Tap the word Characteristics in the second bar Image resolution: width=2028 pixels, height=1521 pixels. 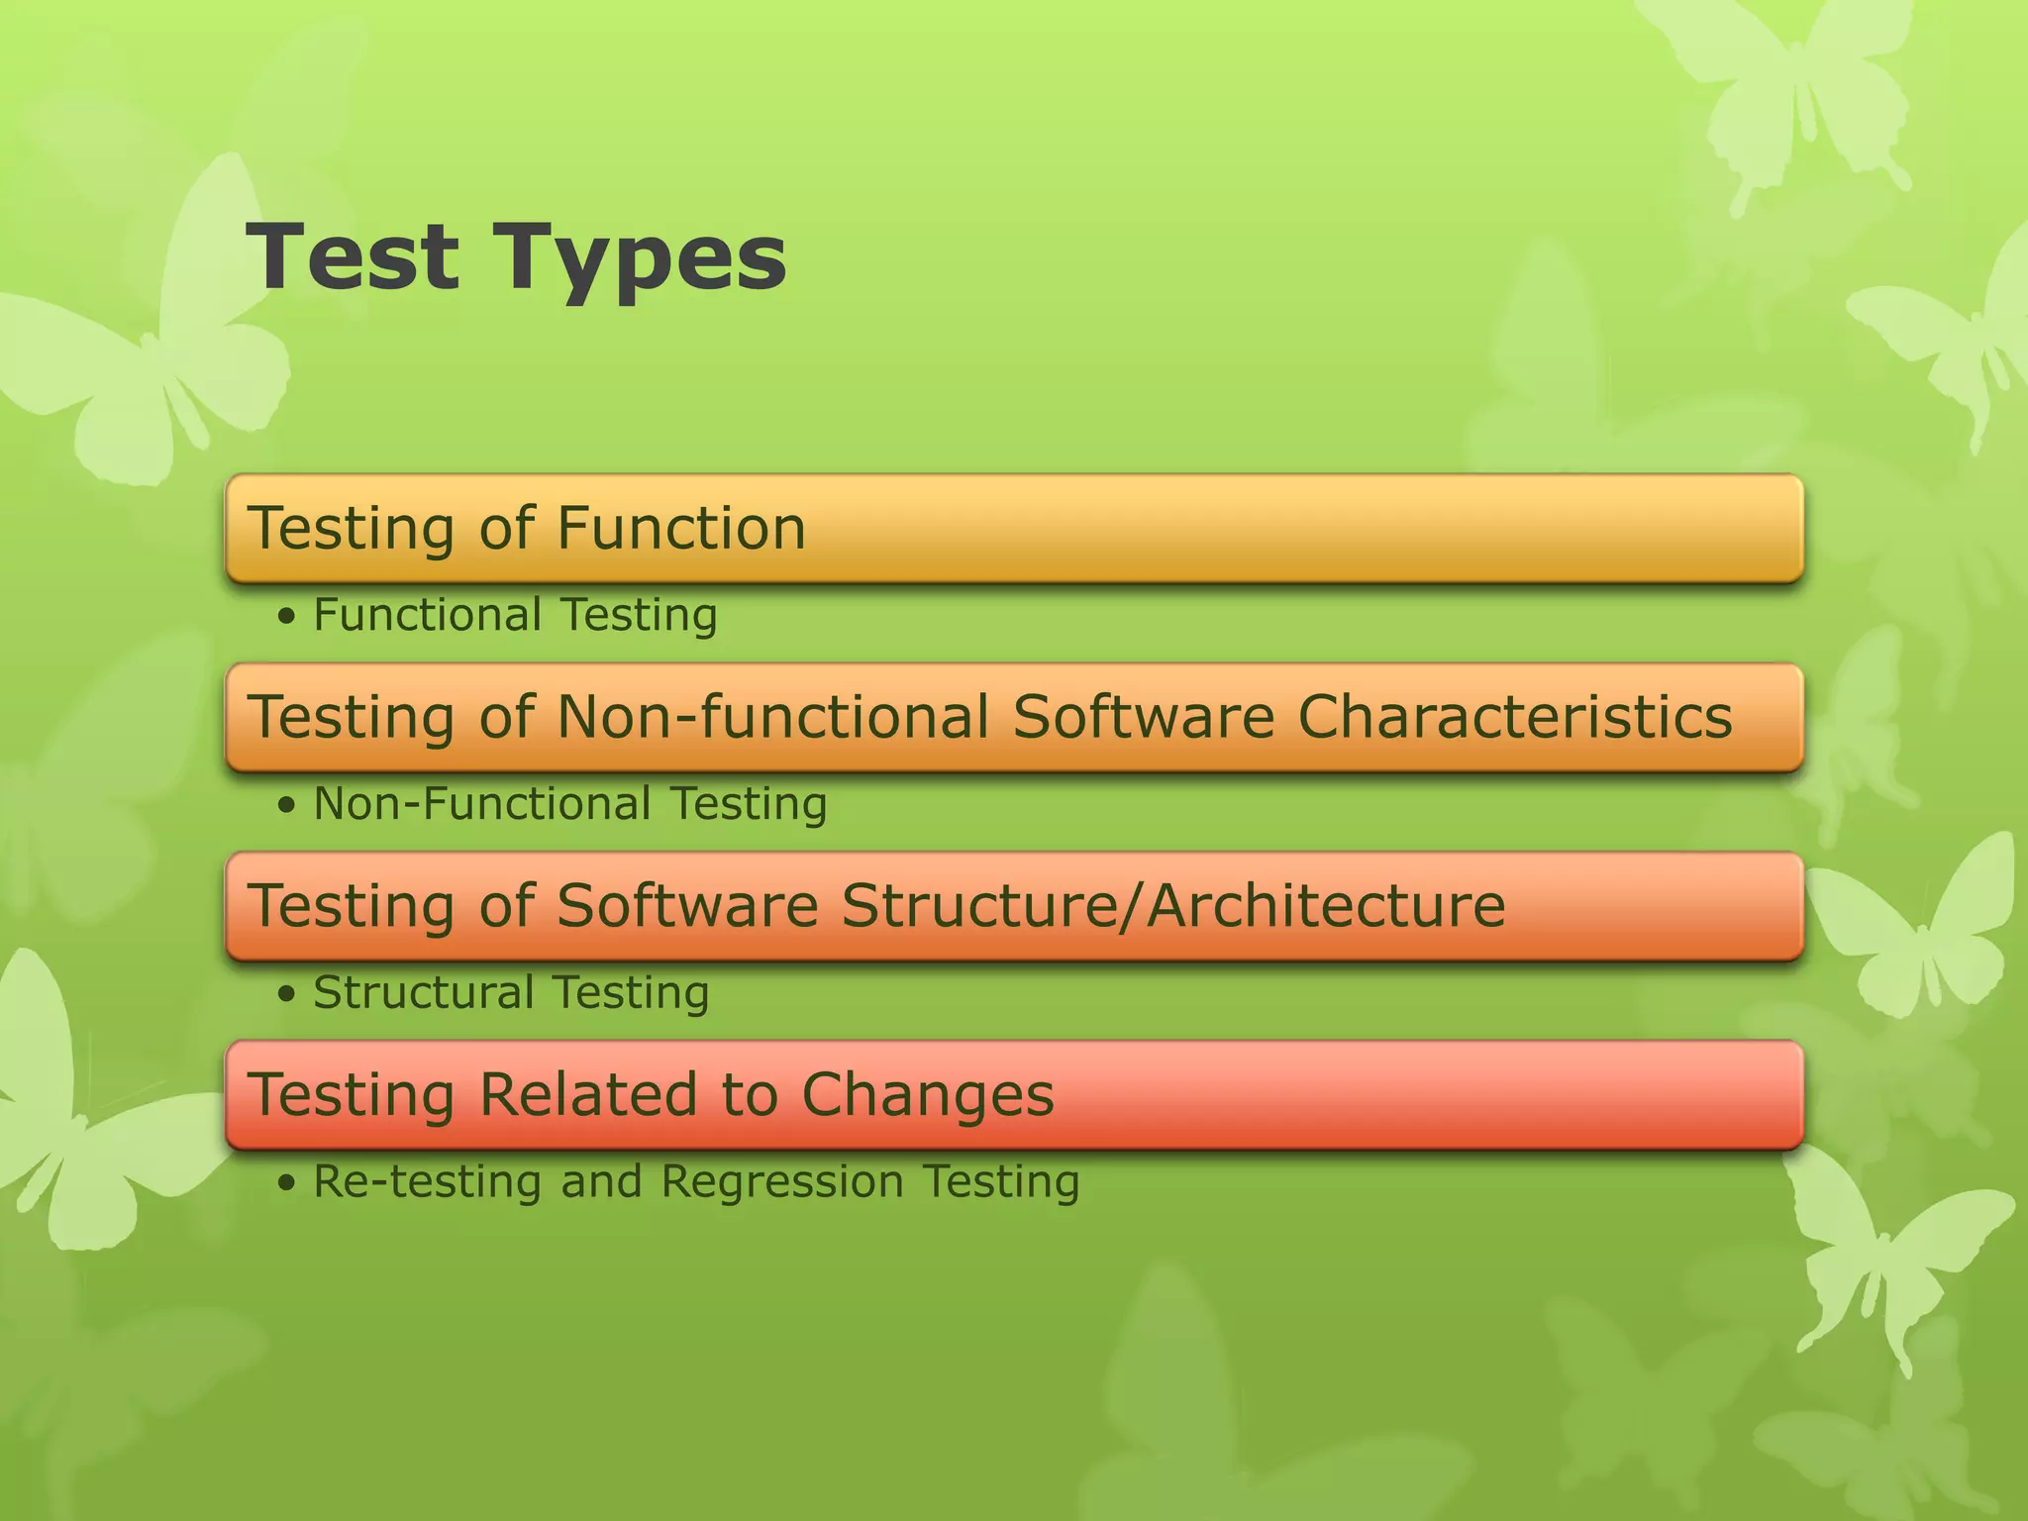pyautogui.click(x=1514, y=716)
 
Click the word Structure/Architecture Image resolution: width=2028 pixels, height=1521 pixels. pyautogui.click(x=1173, y=905)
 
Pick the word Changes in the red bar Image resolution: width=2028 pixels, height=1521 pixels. pyautogui.click(x=928, y=1095)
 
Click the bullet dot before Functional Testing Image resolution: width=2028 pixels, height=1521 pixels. pyautogui.click(x=287, y=617)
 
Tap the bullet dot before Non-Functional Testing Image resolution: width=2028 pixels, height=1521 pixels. pyautogui.click(x=287, y=805)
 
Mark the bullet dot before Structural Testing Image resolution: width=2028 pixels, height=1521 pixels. pyautogui.click(x=287, y=993)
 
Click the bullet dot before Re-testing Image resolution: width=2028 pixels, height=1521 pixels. pyautogui.click(x=287, y=1182)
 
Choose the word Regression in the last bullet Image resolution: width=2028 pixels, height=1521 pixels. pyautogui.click(x=782, y=1182)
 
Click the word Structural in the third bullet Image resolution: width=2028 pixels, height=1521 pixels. pyautogui.click(x=423, y=992)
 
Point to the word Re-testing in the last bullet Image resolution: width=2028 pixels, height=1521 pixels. pyautogui.click(x=428, y=1182)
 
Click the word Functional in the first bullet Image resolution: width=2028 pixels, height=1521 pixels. pyautogui.click(x=427, y=615)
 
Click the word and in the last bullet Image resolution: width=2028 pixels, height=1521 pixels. pyautogui.click(x=601, y=1182)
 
